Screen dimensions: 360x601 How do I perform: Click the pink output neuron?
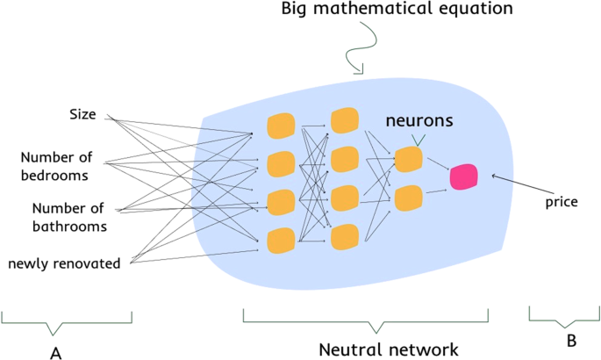click(462, 176)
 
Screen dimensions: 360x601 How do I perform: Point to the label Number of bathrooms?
click(69, 217)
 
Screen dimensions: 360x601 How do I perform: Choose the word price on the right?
click(561, 202)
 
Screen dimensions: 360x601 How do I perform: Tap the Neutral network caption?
click(388, 349)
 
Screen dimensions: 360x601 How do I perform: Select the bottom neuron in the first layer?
click(280, 240)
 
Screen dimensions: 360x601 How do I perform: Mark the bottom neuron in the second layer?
click(344, 235)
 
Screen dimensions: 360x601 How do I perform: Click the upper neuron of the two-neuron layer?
click(408, 159)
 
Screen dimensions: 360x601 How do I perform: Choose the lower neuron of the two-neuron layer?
click(408, 198)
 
